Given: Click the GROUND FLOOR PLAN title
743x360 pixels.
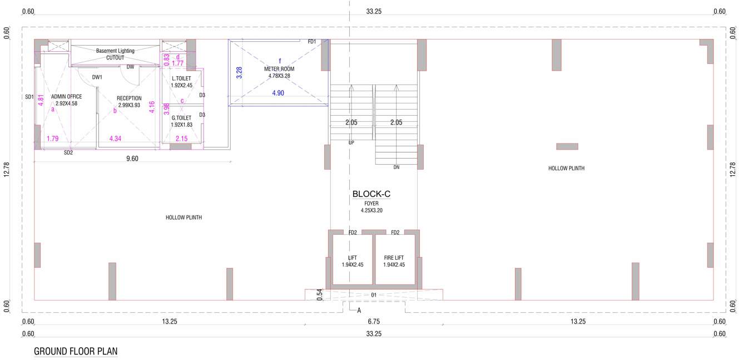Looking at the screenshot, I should [x=76, y=352].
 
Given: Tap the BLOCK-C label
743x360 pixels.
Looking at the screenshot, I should [x=371, y=194].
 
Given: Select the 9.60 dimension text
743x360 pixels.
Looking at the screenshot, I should [x=132, y=159].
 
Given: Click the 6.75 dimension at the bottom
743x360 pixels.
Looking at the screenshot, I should [x=374, y=322].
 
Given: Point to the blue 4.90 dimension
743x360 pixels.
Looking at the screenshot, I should [x=278, y=93].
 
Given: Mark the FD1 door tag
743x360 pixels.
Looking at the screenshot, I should [x=312, y=42].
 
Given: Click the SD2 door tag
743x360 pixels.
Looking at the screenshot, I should [x=68, y=152].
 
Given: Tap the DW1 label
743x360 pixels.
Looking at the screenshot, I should [x=97, y=77].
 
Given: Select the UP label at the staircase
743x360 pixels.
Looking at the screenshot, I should [x=351, y=142].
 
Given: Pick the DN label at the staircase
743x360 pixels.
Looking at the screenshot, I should [x=396, y=167].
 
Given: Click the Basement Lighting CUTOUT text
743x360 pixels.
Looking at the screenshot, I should [x=115, y=54].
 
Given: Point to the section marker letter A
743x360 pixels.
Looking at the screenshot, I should [x=359, y=310].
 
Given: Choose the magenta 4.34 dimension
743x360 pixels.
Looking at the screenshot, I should [x=116, y=139].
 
